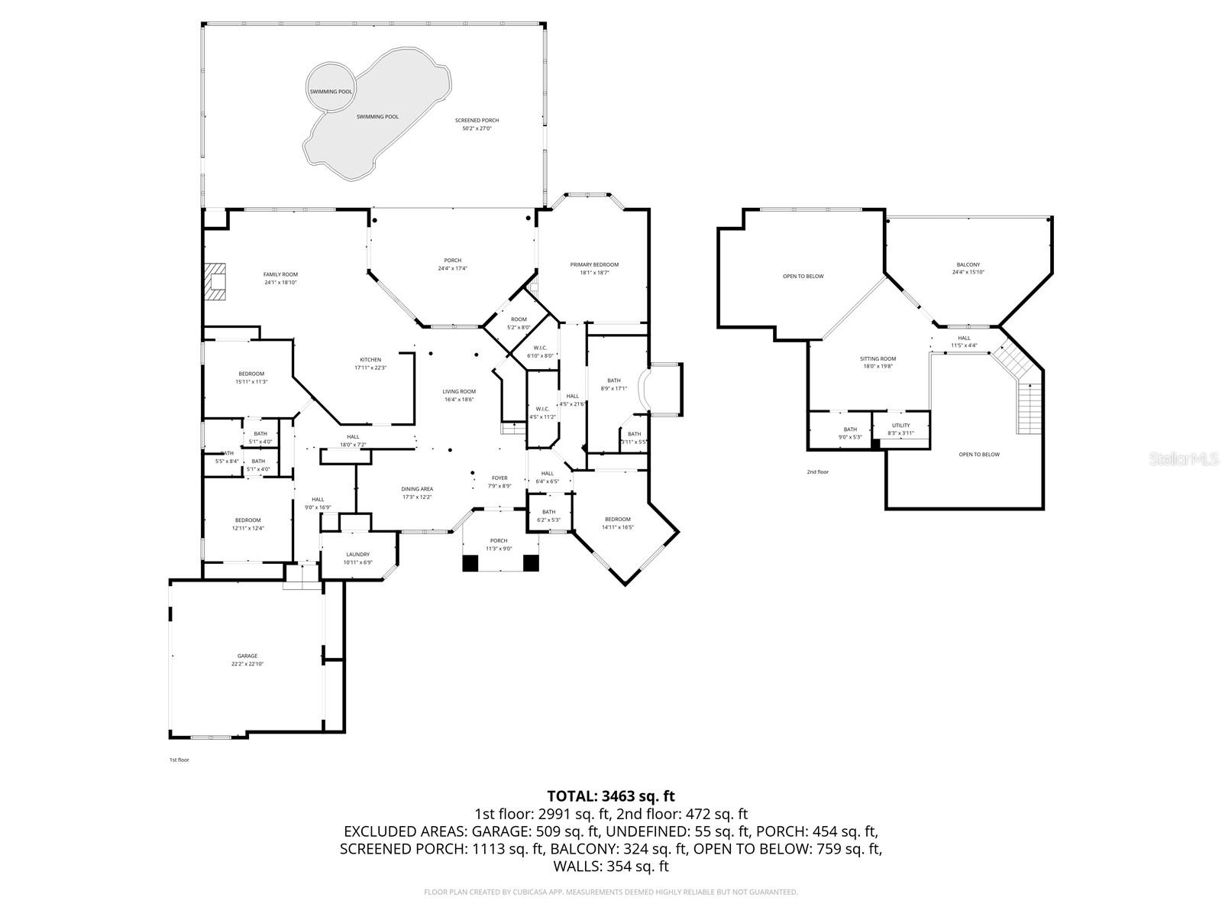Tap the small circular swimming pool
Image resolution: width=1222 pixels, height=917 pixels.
point(331,86)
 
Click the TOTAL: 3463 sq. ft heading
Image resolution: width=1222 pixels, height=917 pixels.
point(611,796)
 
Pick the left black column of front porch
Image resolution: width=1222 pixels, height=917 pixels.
point(470,563)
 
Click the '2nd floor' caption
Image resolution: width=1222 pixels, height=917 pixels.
point(817,472)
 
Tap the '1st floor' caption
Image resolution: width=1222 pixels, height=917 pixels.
point(179,760)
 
